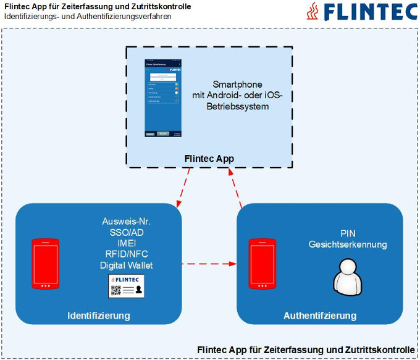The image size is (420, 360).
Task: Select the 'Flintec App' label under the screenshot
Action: pyautogui.click(x=209, y=159)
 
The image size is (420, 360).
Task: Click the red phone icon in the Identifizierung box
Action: pyautogui.click(x=46, y=264)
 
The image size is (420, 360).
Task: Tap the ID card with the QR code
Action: pyautogui.click(x=127, y=287)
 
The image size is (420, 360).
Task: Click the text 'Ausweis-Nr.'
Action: pyautogui.click(x=127, y=221)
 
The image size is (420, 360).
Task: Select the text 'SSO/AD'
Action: pyautogui.click(x=126, y=232)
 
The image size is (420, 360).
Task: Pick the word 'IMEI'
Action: pyautogui.click(x=126, y=243)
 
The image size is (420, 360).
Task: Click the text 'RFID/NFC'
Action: pyautogui.click(x=126, y=254)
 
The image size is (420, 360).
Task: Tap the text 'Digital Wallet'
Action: pyautogui.click(x=126, y=266)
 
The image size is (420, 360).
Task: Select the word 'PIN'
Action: pyautogui.click(x=348, y=233)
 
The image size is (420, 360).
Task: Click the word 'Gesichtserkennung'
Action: pyautogui.click(x=348, y=245)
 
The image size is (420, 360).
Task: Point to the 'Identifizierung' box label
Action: pyautogui.click(x=98, y=316)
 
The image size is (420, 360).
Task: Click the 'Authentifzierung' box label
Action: pyautogui.click(x=320, y=316)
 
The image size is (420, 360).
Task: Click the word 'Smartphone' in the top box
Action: pyautogui.click(x=237, y=84)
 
